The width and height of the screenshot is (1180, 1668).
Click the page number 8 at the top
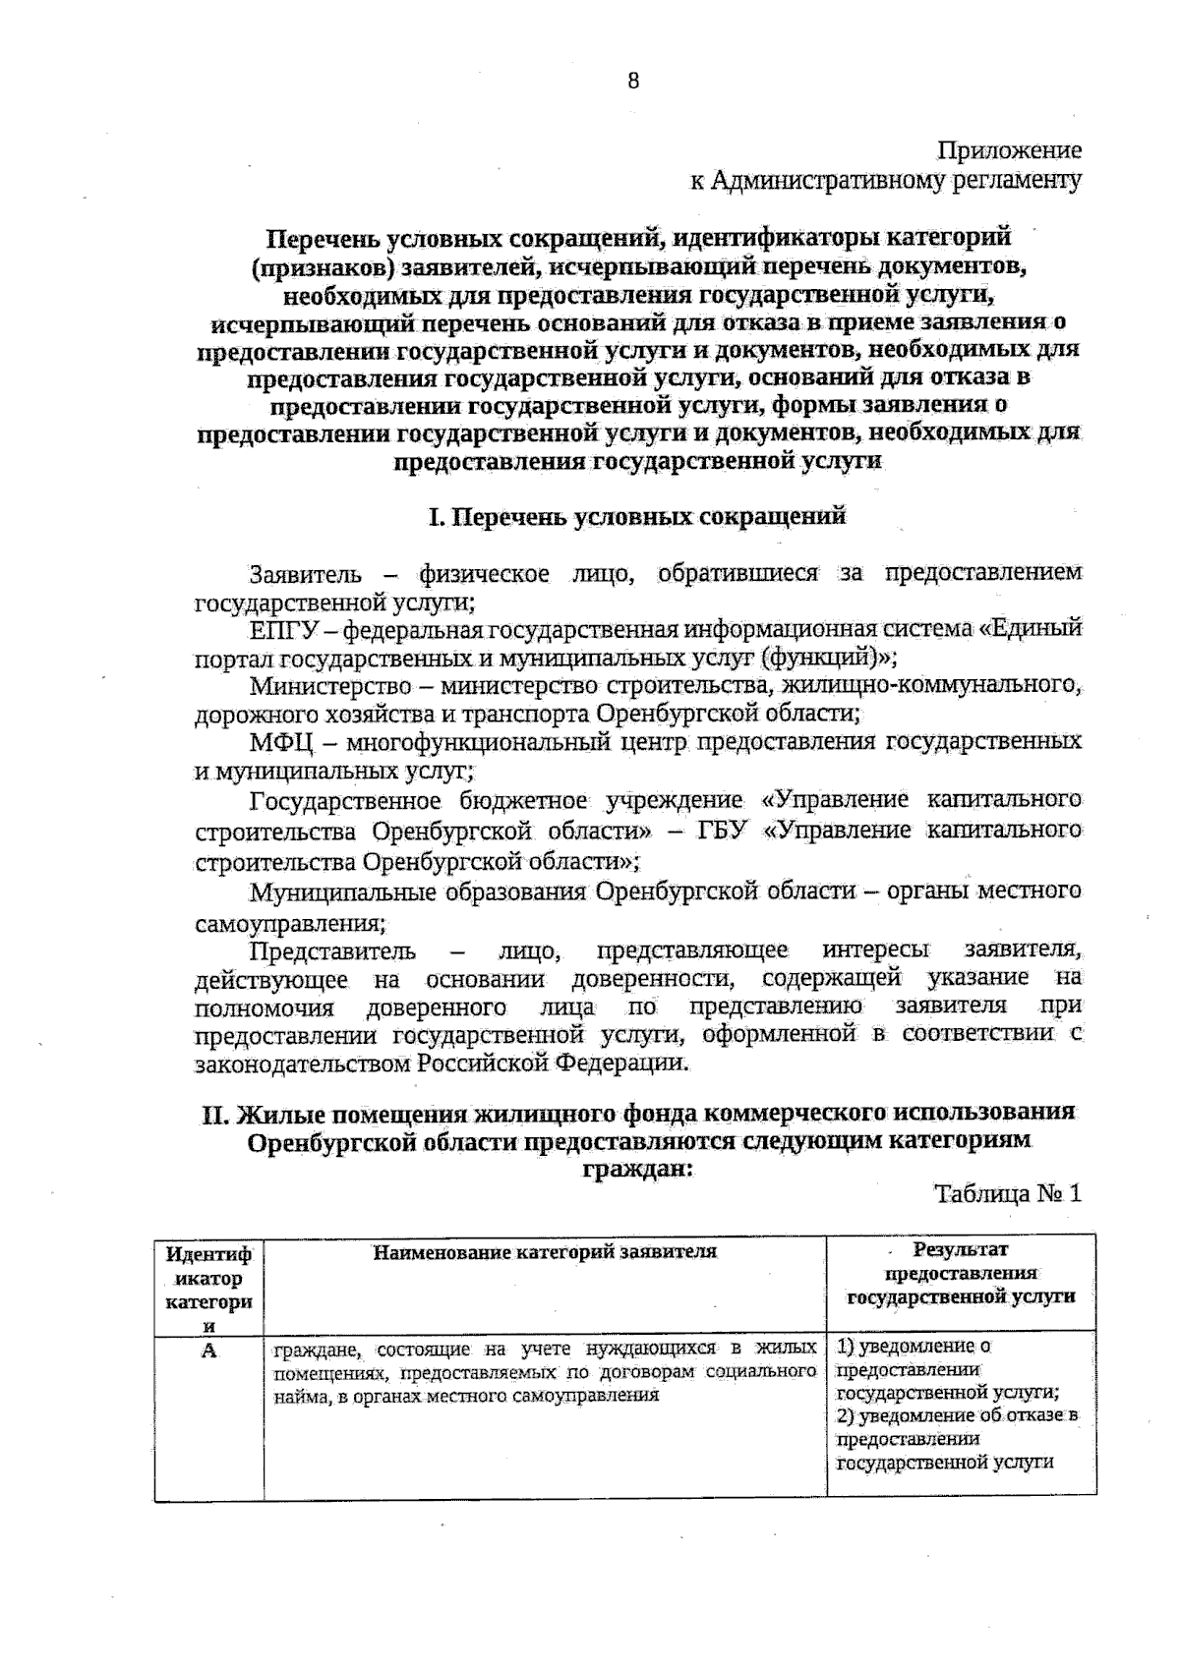pos(633,82)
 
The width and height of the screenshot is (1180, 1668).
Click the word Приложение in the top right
pos(1009,150)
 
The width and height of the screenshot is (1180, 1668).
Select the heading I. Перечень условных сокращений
pos(637,516)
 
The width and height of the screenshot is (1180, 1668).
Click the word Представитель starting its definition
pos(332,951)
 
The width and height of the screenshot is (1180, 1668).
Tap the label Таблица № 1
pos(1008,1193)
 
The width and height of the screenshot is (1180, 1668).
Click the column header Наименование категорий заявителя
pos(545,1251)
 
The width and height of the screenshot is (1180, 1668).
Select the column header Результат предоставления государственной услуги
pos(961,1273)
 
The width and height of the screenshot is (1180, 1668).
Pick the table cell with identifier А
pos(208,1351)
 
